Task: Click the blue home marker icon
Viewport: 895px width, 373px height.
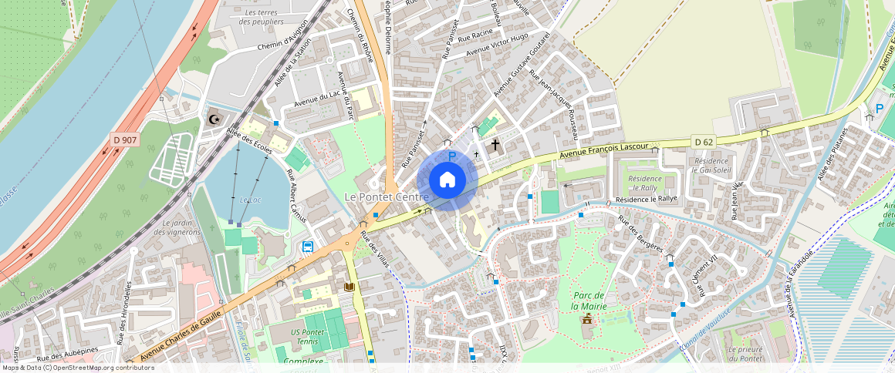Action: pos(447,180)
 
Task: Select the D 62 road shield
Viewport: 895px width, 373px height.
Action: pos(702,141)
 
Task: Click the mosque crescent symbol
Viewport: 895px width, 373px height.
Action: pos(214,119)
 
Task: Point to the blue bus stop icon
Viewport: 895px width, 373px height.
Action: pos(308,247)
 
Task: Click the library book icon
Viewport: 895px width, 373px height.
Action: pos(349,287)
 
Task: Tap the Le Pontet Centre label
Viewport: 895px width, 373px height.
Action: pos(386,197)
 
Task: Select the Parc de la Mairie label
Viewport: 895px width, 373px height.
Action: pos(589,301)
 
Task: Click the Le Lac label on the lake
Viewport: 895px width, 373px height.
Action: pos(250,200)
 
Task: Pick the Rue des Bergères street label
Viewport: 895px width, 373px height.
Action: pos(640,234)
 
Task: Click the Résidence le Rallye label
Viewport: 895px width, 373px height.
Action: pos(646,199)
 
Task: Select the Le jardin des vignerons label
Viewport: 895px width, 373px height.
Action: pos(177,227)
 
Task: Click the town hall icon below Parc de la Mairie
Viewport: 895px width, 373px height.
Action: pos(588,318)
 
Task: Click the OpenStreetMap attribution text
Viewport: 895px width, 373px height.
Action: pos(77,368)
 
